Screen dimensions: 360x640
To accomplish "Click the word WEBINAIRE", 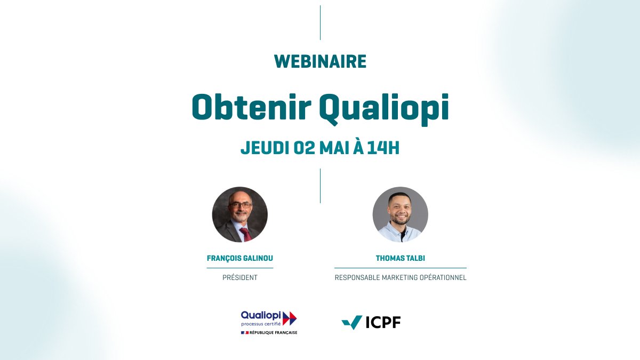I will click(320, 62).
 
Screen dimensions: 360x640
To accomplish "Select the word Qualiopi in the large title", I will click(383, 109).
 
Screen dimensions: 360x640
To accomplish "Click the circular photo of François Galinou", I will click(240, 214).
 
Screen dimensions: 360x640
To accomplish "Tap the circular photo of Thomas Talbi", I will click(400, 214).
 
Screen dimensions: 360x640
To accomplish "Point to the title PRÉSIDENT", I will click(240, 278).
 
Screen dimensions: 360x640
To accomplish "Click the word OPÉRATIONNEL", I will click(443, 278).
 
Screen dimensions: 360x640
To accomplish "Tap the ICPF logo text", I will click(383, 323).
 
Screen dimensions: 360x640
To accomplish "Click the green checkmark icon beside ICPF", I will click(352, 322).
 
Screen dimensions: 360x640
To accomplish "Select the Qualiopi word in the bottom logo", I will click(261, 316).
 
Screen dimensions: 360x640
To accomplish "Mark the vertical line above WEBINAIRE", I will click(320, 22).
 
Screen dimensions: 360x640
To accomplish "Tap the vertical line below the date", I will click(320, 186).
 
